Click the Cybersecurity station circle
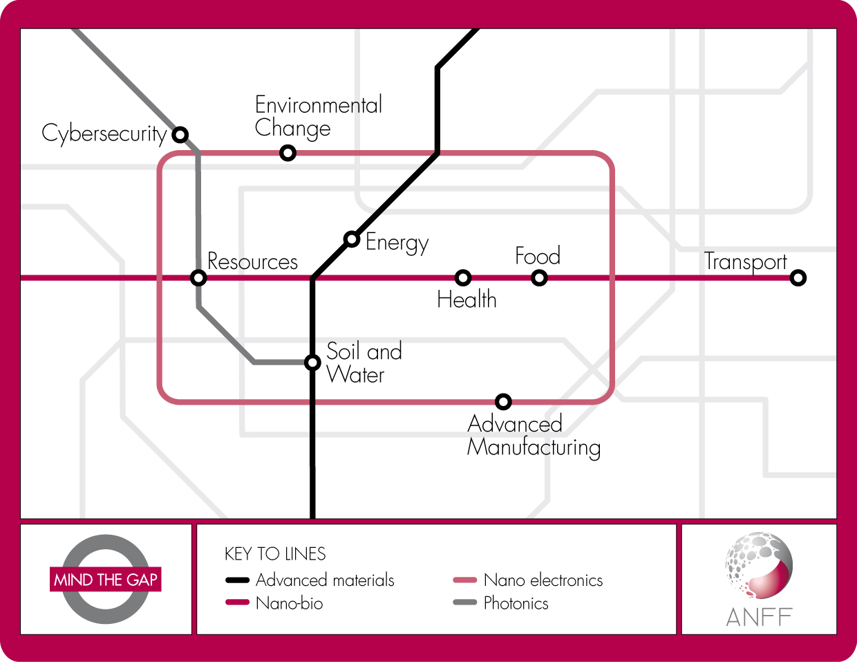pos(180,134)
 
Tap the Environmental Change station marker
pos(288,152)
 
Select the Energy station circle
pos(352,239)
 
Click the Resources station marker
pos(198,278)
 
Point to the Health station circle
pos(463,278)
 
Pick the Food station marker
pos(540,278)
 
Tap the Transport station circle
pos(798,278)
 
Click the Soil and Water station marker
pos(312,362)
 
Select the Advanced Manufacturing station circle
pos(503,401)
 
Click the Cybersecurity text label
pos(104,133)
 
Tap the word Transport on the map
pos(745,261)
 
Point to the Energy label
pos(397,242)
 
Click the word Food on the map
pos(538,256)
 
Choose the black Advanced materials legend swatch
pos(237,580)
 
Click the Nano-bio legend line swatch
pos(237,603)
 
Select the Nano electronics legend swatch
pos(465,580)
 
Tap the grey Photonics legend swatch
pos(465,603)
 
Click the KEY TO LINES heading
pos(275,554)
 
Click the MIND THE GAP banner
pos(106,580)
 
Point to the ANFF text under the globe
pos(759,617)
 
